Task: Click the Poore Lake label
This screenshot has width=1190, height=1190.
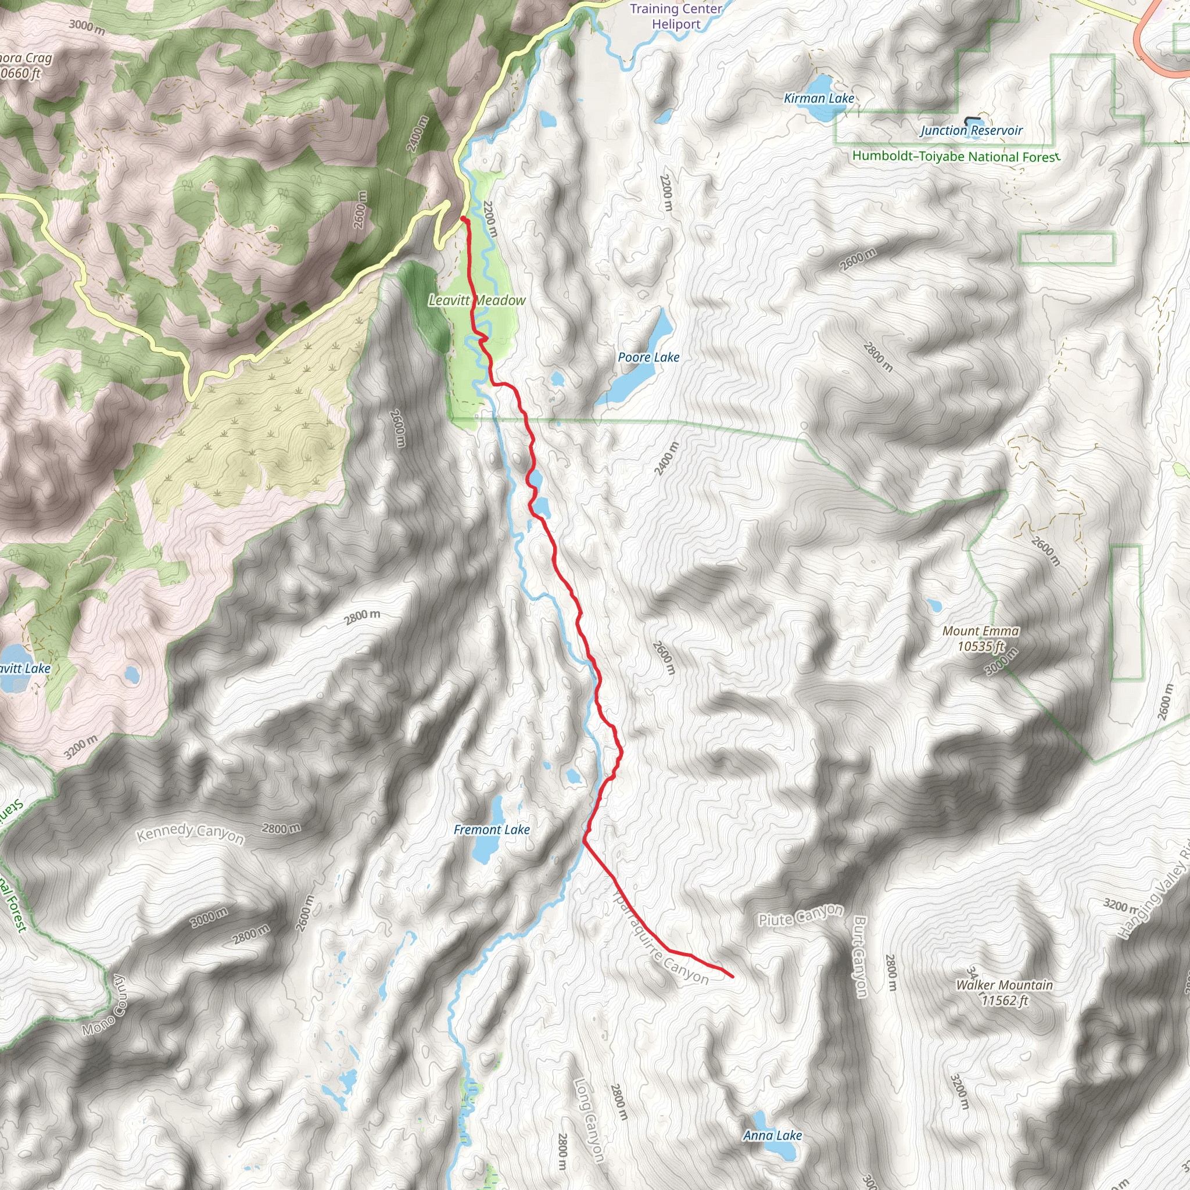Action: click(x=648, y=357)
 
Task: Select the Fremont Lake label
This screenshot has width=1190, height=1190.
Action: click(x=492, y=830)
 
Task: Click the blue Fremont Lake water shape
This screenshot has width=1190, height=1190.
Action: click(x=484, y=850)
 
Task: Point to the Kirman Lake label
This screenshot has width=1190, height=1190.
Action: click(x=819, y=99)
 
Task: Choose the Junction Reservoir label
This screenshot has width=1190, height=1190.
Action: click(x=971, y=131)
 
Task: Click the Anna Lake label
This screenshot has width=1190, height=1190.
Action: click(x=772, y=1135)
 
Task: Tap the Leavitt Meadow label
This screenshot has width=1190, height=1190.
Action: click(x=478, y=300)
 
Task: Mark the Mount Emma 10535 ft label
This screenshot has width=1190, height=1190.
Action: click(x=981, y=638)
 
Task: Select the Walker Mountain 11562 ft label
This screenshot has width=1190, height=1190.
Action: click(x=1004, y=992)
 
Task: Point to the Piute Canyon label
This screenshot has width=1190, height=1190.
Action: click(x=800, y=915)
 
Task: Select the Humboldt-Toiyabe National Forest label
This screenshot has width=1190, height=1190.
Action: click(x=955, y=156)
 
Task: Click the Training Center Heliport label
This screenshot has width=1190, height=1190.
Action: click(x=676, y=17)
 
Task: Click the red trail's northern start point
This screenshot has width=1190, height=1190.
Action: click(x=463, y=218)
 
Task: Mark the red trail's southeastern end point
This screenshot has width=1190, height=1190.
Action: click(x=732, y=976)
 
